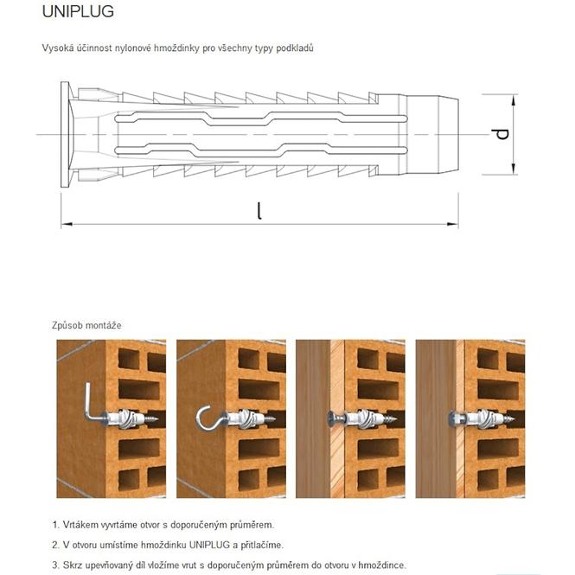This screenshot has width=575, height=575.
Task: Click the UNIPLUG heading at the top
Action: [78, 12]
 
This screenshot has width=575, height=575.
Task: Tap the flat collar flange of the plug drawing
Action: [65, 134]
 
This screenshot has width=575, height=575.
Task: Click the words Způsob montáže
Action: [86, 325]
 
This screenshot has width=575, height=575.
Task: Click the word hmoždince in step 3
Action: [380, 565]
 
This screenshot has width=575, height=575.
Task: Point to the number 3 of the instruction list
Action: [54, 565]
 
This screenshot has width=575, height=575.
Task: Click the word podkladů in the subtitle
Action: [293, 48]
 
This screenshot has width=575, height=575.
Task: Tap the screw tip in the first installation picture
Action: [159, 418]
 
